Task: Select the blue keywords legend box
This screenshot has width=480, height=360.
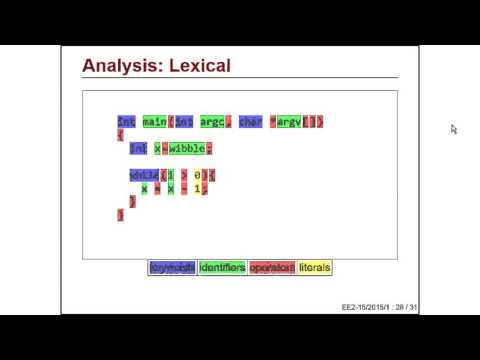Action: click(x=172, y=268)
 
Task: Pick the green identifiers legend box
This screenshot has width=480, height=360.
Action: click(x=221, y=268)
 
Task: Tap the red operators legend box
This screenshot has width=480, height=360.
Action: click(x=272, y=268)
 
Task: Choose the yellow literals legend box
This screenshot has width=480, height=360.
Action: click(x=314, y=268)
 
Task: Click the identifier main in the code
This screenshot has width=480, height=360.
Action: click(x=154, y=122)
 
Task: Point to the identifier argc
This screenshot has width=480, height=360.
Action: click(x=212, y=122)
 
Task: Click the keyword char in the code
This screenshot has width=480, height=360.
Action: click(x=250, y=122)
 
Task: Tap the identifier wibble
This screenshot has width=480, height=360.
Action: click(x=186, y=148)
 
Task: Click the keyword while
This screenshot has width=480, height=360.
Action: click(x=144, y=175)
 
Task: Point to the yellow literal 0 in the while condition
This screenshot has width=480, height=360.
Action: click(x=198, y=175)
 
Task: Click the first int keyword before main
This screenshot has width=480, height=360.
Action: click(x=126, y=122)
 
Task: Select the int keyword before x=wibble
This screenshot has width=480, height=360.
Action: click(x=138, y=148)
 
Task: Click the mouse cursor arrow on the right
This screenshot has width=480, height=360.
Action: click(x=453, y=129)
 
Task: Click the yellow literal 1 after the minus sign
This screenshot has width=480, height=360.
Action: click(x=198, y=188)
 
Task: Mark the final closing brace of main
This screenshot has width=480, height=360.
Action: click(x=120, y=214)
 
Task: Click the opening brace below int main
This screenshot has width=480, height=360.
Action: click(x=120, y=135)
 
